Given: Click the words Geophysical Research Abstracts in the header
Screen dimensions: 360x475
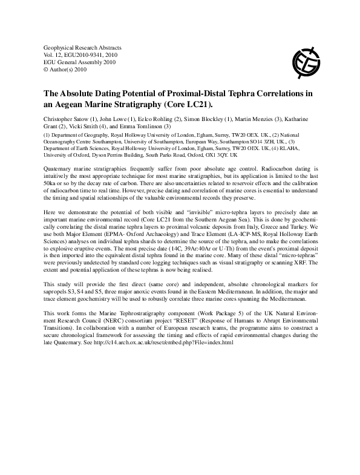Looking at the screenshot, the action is click(x=83, y=47).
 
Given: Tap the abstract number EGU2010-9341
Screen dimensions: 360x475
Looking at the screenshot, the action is click(x=91, y=54).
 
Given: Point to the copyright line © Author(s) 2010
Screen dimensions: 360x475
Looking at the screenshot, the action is click(x=67, y=69).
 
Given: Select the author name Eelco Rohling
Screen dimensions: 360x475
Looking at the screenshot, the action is click(x=159, y=117).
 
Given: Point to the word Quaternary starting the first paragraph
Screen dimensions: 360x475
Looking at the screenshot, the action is click(x=61, y=166).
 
